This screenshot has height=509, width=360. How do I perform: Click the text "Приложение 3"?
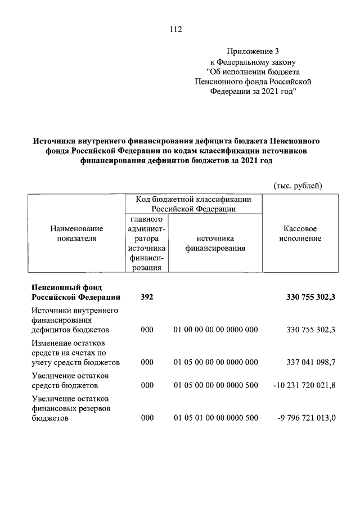pyautogui.click(x=252, y=52)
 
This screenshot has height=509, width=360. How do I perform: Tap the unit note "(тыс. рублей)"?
pyautogui.click(x=298, y=185)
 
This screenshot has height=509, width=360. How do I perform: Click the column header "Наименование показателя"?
pyautogui.click(x=76, y=233)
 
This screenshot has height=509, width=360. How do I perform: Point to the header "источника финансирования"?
pyautogui.click(x=215, y=243)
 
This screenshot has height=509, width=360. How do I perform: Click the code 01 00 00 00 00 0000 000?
pyautogui.click(x=215, y=330)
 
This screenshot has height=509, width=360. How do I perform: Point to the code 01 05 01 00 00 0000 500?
pyautogui.click(x=215, y=418)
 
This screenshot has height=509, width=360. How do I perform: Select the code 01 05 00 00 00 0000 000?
pyautogui.click(x=215, y=362)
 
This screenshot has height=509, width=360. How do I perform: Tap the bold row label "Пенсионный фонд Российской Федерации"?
pyautogui.click(x=75, y=292)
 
